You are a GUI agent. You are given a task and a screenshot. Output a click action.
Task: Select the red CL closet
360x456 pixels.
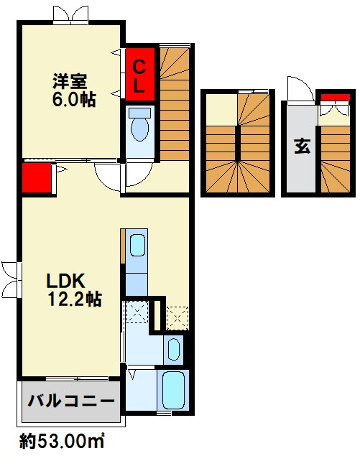tap(141, 74)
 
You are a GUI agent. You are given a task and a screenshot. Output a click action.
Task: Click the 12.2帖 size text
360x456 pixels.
tap(74, 299)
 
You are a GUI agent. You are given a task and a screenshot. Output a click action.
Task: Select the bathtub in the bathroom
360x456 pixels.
tap(173, 391)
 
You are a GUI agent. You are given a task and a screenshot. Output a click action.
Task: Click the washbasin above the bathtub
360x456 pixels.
tap(173, 350)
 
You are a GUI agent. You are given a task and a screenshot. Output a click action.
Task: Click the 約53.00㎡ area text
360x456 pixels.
tap(62, 439)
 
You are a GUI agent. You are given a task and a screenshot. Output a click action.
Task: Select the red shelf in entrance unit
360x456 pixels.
tap(331, 98)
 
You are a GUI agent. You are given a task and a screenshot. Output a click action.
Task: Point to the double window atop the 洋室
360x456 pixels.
tap(70, 14)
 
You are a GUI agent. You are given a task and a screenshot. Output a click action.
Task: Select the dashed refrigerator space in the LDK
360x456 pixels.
tap(176, 316)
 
